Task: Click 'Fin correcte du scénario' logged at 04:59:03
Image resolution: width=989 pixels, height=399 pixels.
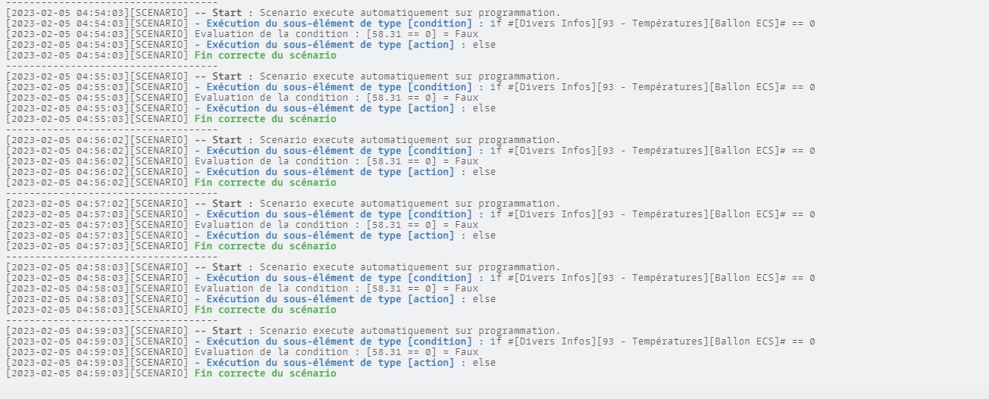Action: click(265, 373)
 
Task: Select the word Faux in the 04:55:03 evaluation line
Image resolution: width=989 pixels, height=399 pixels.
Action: click(467, 98)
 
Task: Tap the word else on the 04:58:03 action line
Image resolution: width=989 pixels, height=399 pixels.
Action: click(484, 299)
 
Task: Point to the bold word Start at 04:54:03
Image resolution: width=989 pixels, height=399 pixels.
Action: click(227, 13)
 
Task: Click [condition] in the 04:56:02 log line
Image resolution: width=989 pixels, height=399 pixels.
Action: click(440, 151)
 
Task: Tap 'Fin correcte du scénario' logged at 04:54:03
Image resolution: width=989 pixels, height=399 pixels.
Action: click(265, 55)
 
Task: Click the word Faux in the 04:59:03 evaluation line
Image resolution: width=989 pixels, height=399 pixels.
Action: click(467, 352)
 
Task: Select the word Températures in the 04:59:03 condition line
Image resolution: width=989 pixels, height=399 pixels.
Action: click(667, 341)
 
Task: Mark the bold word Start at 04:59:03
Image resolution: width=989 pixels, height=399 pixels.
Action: click(227, 331)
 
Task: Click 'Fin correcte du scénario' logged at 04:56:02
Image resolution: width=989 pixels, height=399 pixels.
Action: click(265, 182)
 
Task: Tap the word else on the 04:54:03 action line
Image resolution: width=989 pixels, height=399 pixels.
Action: click(484, 45)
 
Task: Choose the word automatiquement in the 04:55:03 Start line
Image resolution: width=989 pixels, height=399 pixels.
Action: click(404, 76)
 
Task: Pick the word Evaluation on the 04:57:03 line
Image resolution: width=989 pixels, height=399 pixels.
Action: click(224, 225)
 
